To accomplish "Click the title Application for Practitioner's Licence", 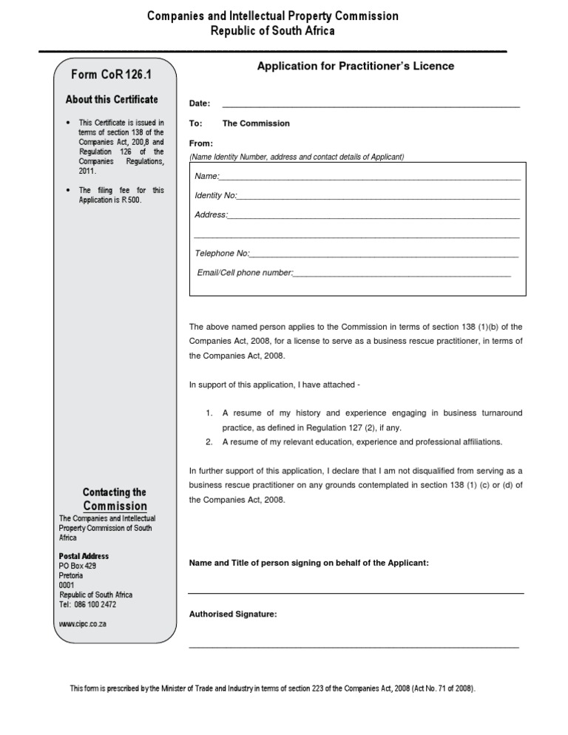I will (x=355, y=67).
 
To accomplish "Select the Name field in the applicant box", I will (x=370, y=177).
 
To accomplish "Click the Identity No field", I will (x=377, y=196).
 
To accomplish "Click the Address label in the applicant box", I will (x=211, y=215).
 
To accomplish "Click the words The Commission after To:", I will (x=256, y=123).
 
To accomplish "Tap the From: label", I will (x=201, y=143).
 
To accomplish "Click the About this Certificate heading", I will (x=112, y=100).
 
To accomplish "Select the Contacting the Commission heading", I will (x=115, y=499).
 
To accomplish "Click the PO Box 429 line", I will (x=78, y=566).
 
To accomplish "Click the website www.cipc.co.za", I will (x=83, y=624).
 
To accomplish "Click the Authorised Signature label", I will (x=233, y=614).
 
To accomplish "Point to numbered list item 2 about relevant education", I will (x=362, y=442).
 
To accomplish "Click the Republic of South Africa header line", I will (x=273, y=31).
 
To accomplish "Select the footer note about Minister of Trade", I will (x=273, y=688).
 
